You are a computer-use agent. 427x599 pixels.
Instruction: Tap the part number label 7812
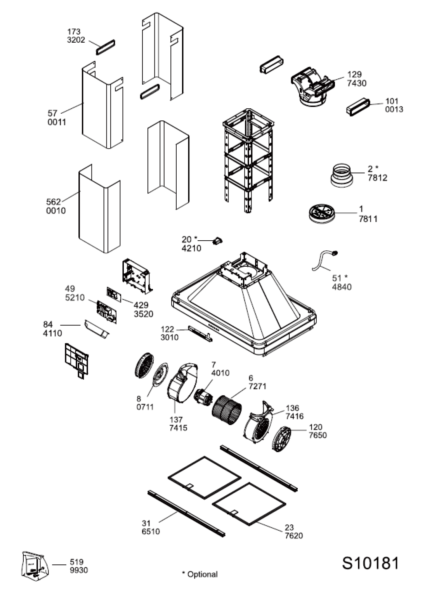click(377, 177)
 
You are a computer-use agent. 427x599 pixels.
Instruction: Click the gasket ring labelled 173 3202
click(105, 47)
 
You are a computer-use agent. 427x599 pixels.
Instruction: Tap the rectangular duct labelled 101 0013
click(358, 107)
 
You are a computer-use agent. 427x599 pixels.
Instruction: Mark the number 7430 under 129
click(356, 83)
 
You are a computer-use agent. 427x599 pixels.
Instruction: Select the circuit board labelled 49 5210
click(107, 312)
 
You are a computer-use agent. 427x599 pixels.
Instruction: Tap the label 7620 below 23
click(293, 536)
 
